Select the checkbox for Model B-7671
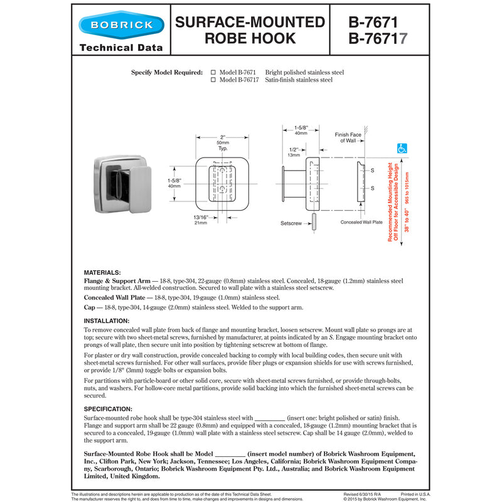coord(213,72)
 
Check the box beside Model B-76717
coord(213,80)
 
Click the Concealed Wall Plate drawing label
coord(361,222)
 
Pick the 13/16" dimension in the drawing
coord(200,216)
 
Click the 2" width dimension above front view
coord(223,137)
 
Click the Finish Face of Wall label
coord(348,137)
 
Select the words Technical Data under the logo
coord(121,47)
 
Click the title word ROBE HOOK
coord(250,39)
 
